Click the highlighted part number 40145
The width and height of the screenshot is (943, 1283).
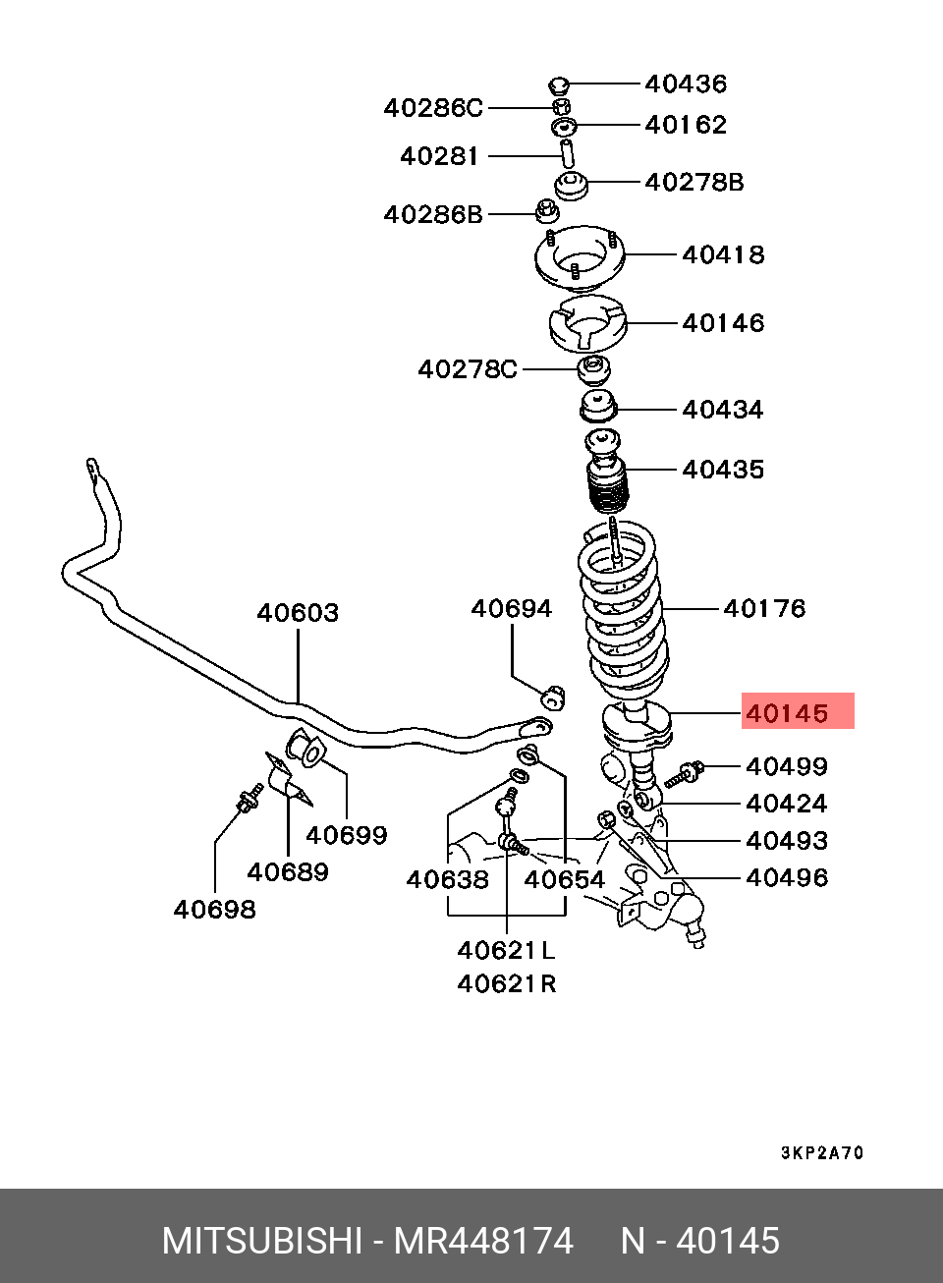click(x=786, y=712)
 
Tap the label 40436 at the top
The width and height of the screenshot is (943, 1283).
click(x=686, y=84)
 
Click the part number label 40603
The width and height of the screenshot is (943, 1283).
click(x=298, y=613)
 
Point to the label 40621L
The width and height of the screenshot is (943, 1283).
click(x=506, y=950)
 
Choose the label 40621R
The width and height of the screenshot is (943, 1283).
click(x=506, y=983)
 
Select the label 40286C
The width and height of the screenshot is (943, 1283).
click(x=433, y=108)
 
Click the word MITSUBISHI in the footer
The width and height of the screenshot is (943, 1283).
click(x=261, y=1242)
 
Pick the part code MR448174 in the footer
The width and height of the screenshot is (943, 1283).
click(x=483, y=1242)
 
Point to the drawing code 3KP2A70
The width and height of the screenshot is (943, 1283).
click(x=822, y=1153)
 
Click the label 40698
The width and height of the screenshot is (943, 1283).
click(x=214, y=910)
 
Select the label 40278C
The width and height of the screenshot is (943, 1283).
click(x=468, y=369)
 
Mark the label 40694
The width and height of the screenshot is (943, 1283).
click(x=511, y=609)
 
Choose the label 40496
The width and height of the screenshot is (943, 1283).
click(x=787, y=877)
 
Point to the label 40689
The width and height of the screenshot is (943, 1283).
click(x=288, y=871)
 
